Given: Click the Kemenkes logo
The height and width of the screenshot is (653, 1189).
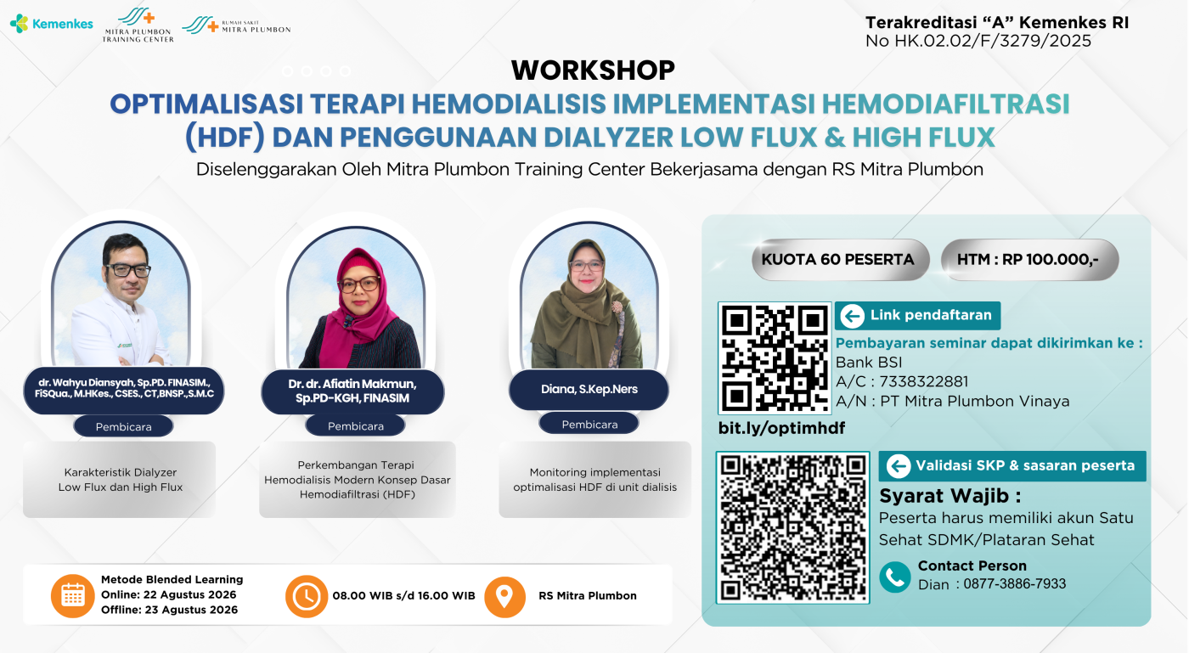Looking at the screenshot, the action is click(52, 24).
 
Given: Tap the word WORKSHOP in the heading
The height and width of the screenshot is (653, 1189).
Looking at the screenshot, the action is click(593, 70).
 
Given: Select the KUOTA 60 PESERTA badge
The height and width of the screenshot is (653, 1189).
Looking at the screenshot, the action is click(840, 260).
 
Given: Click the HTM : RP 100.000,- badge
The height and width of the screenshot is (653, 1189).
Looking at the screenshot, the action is click(1029, 260).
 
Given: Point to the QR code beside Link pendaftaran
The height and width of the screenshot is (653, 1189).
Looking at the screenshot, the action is click(775, 358).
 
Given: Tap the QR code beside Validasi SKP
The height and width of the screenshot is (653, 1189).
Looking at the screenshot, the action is click(792, 527).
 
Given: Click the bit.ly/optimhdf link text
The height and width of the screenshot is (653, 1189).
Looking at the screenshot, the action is click(781, 428).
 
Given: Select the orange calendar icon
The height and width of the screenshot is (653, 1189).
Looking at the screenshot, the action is click(73, 595).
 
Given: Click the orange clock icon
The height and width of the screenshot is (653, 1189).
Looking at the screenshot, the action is click(307, 596).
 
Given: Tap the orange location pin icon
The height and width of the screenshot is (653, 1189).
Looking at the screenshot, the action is click(504, 597).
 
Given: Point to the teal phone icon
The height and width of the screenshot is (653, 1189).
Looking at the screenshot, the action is click(895, 577).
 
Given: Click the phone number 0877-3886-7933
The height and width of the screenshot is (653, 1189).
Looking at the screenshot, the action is click(1014, 583).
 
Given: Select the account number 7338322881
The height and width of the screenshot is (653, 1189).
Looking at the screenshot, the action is click(924, 382).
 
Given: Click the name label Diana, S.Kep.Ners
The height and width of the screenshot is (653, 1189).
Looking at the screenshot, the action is click(589, 389).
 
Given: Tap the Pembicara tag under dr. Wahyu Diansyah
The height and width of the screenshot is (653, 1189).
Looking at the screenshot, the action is click(124, 426).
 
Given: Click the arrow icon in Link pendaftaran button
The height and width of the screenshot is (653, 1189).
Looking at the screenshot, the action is click(853, 316).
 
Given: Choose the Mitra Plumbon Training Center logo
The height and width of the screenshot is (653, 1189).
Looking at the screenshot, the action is click(138, 25).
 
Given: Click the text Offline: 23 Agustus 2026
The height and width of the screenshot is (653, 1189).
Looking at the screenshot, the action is click(169, 610).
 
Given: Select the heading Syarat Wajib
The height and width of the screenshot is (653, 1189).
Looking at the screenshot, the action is click(950, 496).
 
